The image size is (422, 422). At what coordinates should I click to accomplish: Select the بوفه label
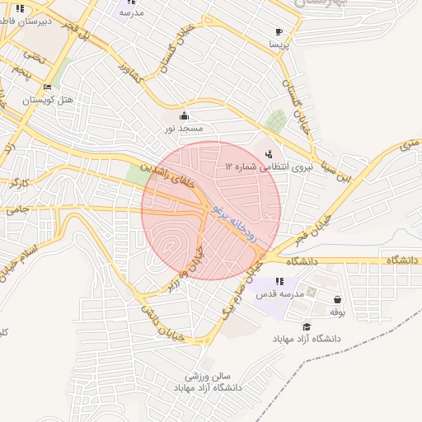[x=336, y=312]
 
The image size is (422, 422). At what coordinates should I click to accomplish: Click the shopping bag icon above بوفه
[x=337, y=299]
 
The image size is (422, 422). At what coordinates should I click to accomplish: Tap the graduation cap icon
[x=307, y=326]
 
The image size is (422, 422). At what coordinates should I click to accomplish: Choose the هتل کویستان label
[x=48, y=100]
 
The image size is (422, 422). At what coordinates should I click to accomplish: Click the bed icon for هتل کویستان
[x=47, y=87]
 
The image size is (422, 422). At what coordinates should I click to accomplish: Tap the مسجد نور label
[x=182, y=128]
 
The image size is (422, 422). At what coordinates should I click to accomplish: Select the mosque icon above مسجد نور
[x=183, y=115]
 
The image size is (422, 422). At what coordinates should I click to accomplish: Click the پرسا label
[x=278, y=45]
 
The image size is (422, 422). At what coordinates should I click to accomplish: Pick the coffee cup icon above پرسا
[x=278, y=32]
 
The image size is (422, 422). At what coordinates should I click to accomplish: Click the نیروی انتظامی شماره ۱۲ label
[x=258, y=166]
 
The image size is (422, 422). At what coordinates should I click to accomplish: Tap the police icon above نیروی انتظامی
[x=269, y=153]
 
